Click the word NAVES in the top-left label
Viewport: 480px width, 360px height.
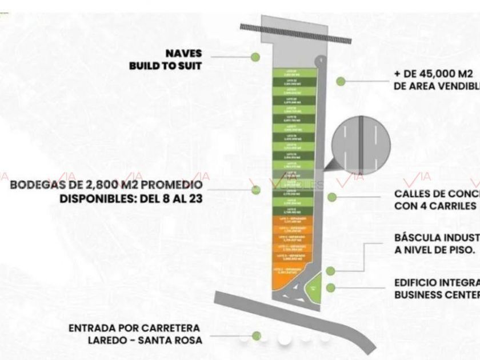click(x=183, y=54)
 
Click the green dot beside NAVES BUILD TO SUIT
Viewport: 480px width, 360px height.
click(x=255, y=57)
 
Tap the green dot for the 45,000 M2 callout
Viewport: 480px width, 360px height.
click(x=341, y=81)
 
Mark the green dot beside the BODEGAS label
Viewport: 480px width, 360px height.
click(x=256, y=189)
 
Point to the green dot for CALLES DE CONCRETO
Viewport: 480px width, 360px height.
click(x=332, y=197)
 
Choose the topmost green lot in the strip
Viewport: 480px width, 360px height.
click(x=293, y=73)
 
